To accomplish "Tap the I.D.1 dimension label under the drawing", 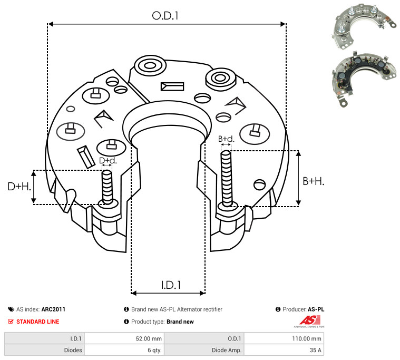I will (171, 285).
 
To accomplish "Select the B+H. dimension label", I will (313, 181).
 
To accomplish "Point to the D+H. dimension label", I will (19, 187).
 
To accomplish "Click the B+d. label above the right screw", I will (226, 139).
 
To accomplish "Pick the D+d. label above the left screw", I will (108, 160).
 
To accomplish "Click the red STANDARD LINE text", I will (37, 322).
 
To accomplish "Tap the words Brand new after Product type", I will (180, 322).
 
